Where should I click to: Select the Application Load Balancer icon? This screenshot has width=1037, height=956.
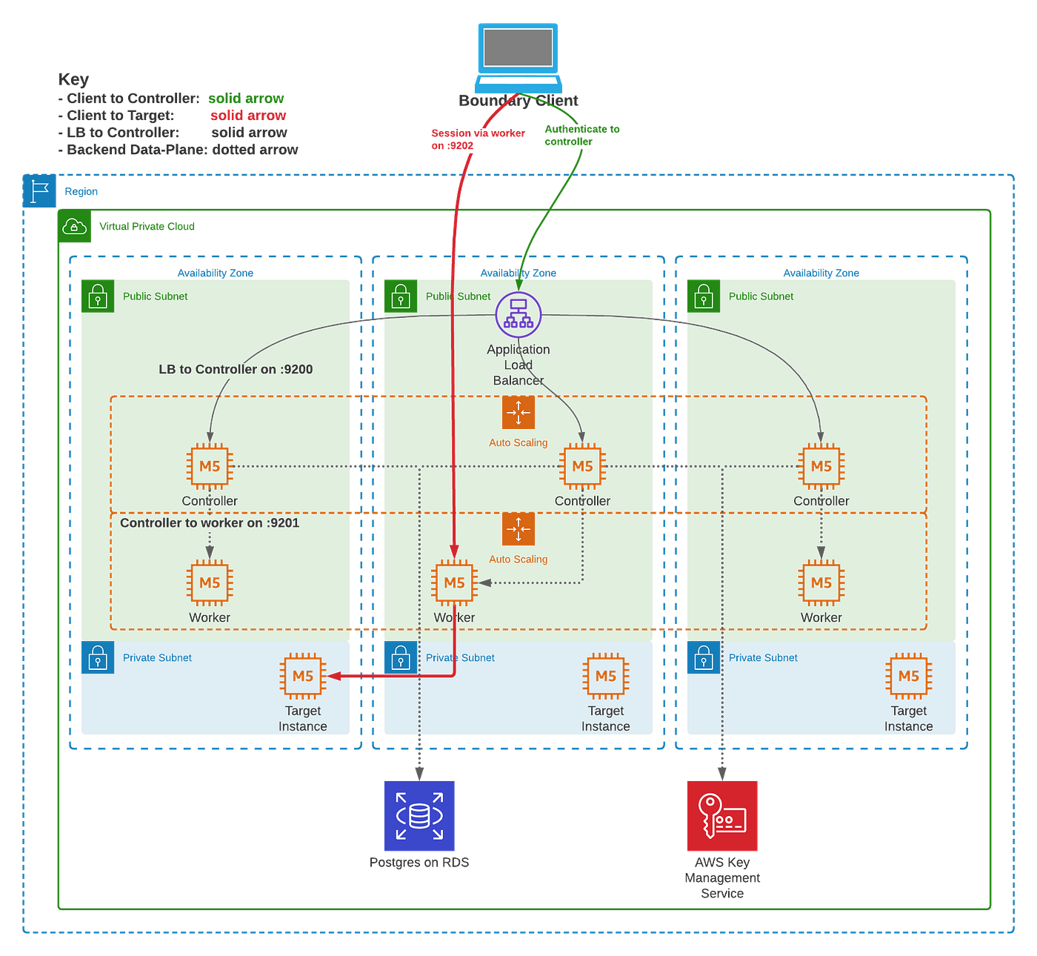[518, 313]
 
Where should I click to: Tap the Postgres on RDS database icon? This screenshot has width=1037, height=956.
[419, 816]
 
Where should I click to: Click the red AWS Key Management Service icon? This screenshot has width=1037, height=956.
[722, 815]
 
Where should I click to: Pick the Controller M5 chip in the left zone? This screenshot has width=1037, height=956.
[210, 467]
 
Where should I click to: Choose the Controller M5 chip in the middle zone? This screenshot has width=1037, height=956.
[582, 467]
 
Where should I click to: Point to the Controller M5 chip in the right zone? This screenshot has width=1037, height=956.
[821, 467]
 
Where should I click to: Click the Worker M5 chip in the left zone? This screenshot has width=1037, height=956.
[210, 583]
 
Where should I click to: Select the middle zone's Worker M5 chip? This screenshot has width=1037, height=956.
[454, 583]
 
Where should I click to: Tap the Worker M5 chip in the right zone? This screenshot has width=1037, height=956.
[821, 583]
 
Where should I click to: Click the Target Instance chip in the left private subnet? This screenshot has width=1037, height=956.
[303, 676]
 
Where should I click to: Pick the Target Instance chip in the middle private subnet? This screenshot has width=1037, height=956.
[606, 676]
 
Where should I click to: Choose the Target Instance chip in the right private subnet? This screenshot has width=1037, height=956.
[909, 676]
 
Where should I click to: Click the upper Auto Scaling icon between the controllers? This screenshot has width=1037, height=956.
[518, 413]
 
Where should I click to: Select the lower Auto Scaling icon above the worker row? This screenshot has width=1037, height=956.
[518, 529]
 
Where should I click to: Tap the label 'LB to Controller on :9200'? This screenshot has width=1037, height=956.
[236, 369]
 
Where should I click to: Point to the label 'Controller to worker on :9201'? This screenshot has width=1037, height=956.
[210, 523]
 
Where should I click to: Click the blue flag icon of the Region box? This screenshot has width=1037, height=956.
[39, 191]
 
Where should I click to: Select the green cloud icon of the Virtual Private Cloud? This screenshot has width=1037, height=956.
[75, 226]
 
